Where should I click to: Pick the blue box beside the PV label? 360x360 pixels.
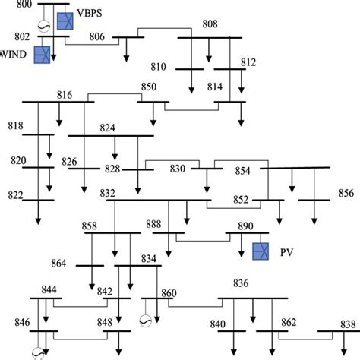[261, 250]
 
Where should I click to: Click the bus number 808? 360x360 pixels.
[210, 25]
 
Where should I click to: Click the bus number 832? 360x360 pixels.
[107, 194]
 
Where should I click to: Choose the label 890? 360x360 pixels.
[245, 226]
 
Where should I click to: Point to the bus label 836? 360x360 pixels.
[241, 283]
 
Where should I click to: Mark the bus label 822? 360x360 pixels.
[16, 194]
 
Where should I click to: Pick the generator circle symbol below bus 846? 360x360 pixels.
[36, 352]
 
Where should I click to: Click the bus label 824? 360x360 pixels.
[108, 128]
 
